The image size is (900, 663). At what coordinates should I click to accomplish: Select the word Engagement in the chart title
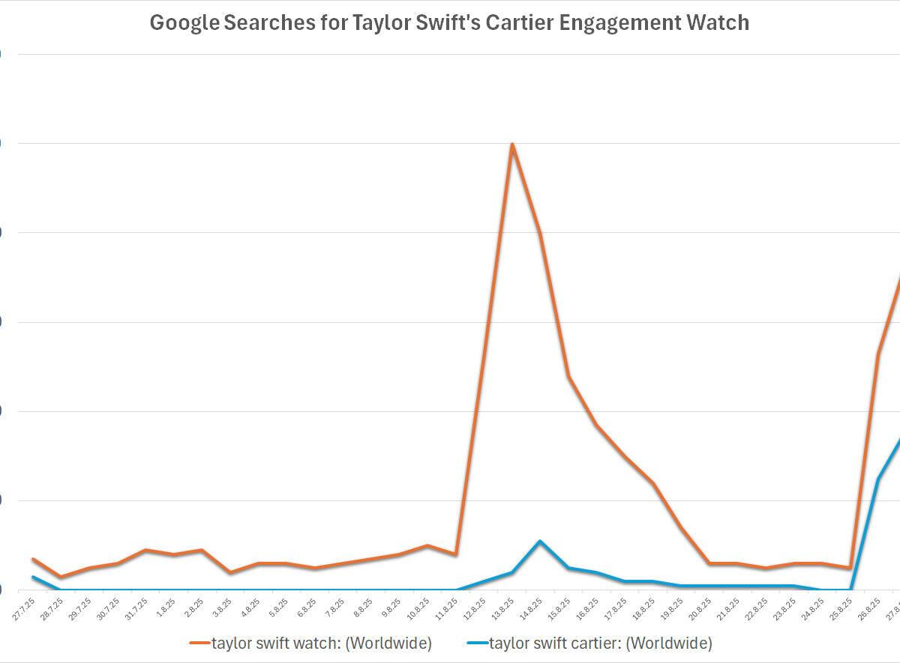click(638, 22)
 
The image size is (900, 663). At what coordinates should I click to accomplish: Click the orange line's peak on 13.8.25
click(511, 144)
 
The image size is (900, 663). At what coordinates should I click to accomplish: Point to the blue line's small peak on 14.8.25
click(540, 541)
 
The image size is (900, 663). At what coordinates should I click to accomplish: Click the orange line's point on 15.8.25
click(568, 376)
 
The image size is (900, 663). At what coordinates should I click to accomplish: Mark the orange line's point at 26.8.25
click(878, 354)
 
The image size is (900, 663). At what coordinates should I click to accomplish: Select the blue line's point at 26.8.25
click(878, 479)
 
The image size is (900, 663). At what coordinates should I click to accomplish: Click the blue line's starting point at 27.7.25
click(33, 577)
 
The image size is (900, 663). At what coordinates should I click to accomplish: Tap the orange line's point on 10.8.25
click(427, 545)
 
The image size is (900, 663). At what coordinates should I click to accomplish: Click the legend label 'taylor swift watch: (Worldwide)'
click(322, 643)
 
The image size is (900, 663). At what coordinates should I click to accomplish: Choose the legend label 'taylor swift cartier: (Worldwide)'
click(600, 643)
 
